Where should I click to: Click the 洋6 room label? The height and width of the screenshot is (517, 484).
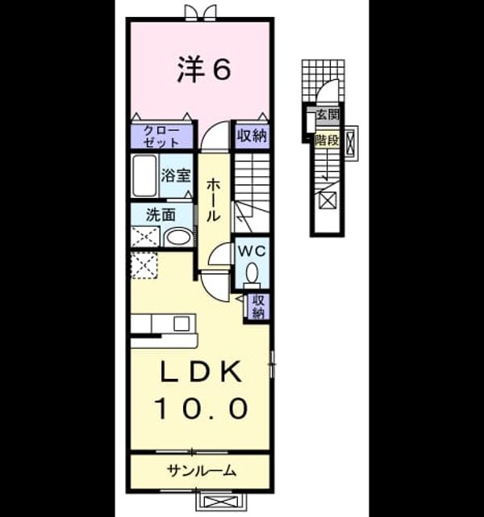point(204,69)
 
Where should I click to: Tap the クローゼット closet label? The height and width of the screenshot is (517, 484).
point(162,137)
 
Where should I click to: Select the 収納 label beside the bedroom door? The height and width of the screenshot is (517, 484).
point(252,135)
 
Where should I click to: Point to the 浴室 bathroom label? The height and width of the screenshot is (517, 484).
point(176,174)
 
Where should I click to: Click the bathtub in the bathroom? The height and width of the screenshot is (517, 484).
point(144,175)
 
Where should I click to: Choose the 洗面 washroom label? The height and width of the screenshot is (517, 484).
point(161,215)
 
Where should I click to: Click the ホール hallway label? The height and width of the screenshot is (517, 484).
point(213,200)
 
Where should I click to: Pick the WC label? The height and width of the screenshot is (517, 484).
point(252,251)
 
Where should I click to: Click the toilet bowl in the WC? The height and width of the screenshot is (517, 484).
point(252,273)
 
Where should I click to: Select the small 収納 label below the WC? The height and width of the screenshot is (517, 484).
point(258,307)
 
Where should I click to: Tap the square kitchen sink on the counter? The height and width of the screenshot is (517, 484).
point(181,323)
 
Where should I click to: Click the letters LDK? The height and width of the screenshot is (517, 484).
point(201,372)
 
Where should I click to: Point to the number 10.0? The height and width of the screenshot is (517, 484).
point(202,408)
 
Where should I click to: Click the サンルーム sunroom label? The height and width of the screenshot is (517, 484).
point(202,470)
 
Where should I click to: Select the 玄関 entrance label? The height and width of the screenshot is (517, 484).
point(328,115)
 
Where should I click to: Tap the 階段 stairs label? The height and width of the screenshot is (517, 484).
point(327,141)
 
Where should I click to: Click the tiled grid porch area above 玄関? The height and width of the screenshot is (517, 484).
point(323,82)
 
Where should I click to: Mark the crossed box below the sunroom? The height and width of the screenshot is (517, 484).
point(220,502)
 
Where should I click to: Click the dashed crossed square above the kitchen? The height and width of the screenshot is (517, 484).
point(144,266)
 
